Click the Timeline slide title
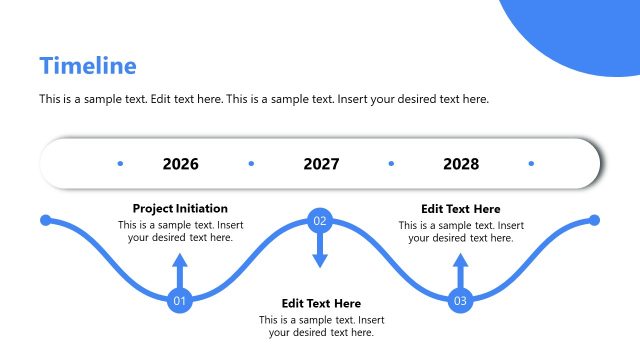[88, 66]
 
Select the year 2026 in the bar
[180, 164]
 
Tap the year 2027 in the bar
[321, 164]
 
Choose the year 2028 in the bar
[461, 164]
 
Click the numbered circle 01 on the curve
[180, 300]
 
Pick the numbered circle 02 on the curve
[320, 220]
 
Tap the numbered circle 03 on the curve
[460, 300]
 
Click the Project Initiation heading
[180, 209]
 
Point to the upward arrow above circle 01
[180, 270]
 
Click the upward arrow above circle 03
[460, 270]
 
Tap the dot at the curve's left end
[45, 220]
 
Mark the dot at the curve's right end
[594, 220]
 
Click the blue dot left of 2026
[120, 163]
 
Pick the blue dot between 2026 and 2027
[251, 163]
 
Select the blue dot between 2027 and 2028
[391, 163]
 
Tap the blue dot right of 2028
[531, 163]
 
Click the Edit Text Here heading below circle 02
[321, 303]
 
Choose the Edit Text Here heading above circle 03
[461, 209]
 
